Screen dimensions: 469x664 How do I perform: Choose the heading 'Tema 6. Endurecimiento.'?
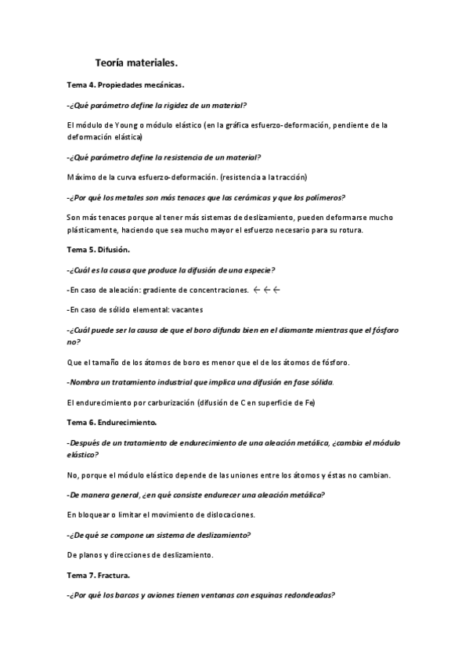pyautogui.click(x=112, y=422)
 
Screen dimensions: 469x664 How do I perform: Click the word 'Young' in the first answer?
pyautogui.click(x=128, y=125)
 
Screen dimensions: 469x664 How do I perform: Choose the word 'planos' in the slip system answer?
pyautogui.click(x=94, y=555)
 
